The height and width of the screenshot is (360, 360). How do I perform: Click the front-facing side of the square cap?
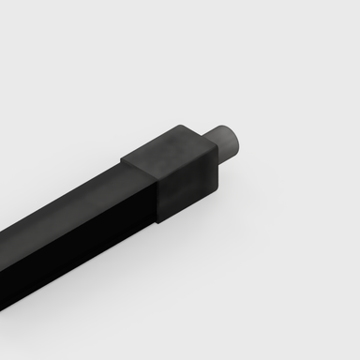187,187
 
